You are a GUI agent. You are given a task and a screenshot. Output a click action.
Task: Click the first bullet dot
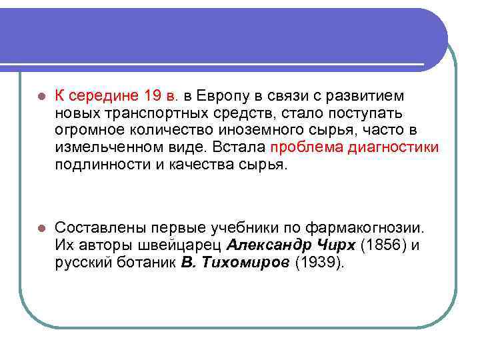click(x=41, y=97)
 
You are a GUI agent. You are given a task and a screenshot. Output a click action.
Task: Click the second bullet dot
click(x=41, y=228)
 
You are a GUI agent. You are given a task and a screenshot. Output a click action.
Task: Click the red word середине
click(x=103, y=97)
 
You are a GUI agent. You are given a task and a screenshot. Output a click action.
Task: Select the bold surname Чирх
click(x=337, y=245)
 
